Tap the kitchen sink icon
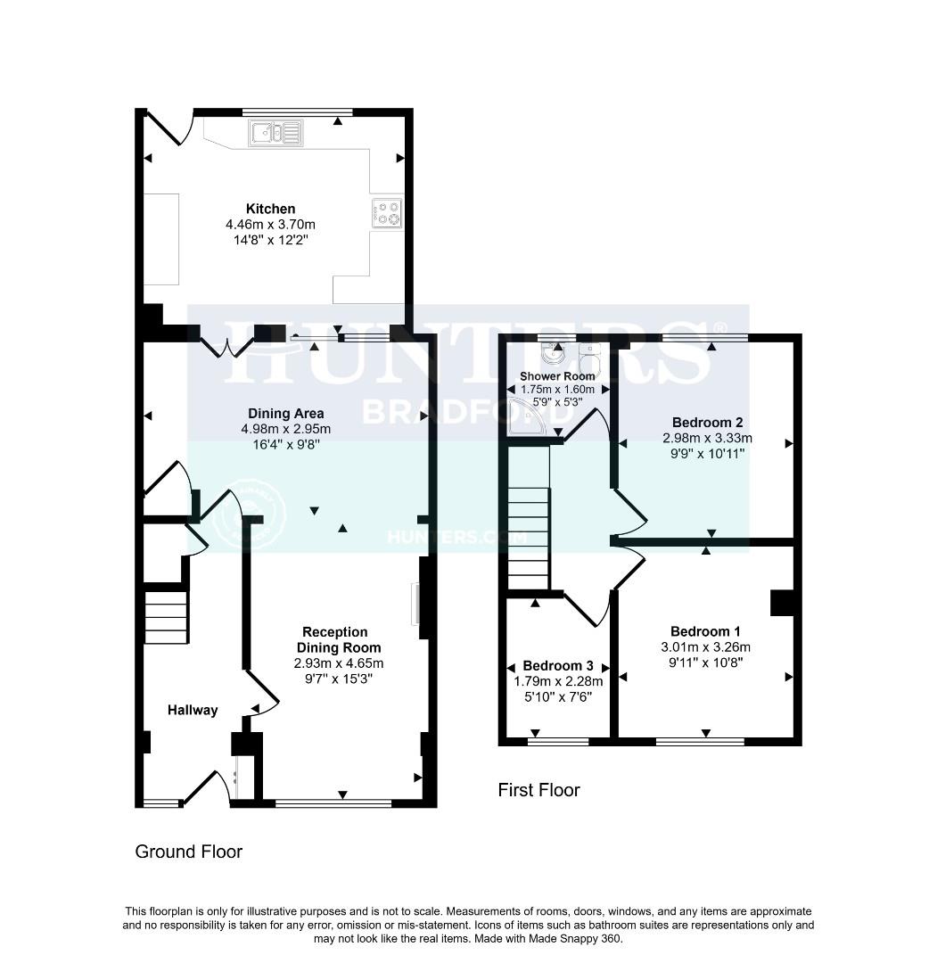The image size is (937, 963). (277, 134)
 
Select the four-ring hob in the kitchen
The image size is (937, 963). (388, 213)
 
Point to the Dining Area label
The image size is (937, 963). (285, 414)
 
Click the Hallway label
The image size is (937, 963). (193, 710)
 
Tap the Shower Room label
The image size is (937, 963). (557, 376)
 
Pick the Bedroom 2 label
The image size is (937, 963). (708, 423)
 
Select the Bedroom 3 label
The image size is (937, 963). (558, 666)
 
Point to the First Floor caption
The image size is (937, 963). (538, 790)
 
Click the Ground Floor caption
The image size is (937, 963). (188, 852)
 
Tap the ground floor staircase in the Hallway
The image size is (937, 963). (166, 616)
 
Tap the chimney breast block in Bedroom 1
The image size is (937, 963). (782, 603)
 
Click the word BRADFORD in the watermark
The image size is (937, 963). (468, 411)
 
